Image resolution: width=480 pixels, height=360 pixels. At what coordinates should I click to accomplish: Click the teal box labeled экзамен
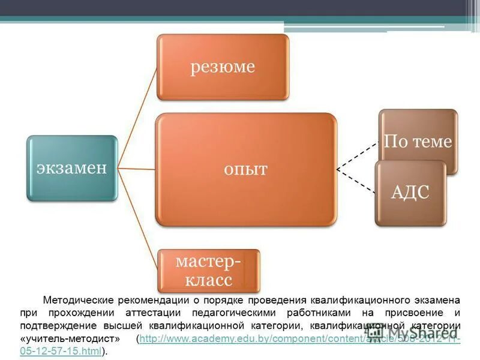click(71, 167)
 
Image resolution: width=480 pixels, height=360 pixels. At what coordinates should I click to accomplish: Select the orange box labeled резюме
click(223, 67)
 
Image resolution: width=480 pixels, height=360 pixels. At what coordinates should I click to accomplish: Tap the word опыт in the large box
click(245, 169)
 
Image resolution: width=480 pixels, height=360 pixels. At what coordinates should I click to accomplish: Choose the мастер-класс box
click(208, 271)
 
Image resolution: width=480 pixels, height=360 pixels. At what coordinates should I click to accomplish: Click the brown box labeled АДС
click(410, 193)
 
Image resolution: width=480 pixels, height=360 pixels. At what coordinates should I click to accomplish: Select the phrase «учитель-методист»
click(70, 339)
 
